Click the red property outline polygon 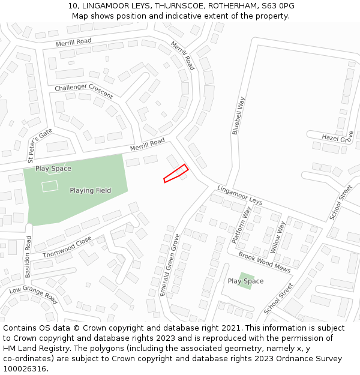[x=176, y=173]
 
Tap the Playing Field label [x=90, y=191]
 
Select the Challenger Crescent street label [x=83, y=91]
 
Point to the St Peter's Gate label [x=40, y=145]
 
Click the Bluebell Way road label [x=239, y=115]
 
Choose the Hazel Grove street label [x=337, y=138]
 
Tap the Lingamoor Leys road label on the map [x=239, y=194]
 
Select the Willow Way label [x=278, y=236]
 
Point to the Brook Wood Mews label [x=264, y=263]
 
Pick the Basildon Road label [x=28, y=256]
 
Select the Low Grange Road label [x=33, y=295]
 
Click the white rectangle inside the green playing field [x=50, y=186]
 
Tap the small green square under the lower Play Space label [x=245, y=280]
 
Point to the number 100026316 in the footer [x=25, y=369]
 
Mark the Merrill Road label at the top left [x=73, y=41]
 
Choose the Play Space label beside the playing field [x=53, y=169]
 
